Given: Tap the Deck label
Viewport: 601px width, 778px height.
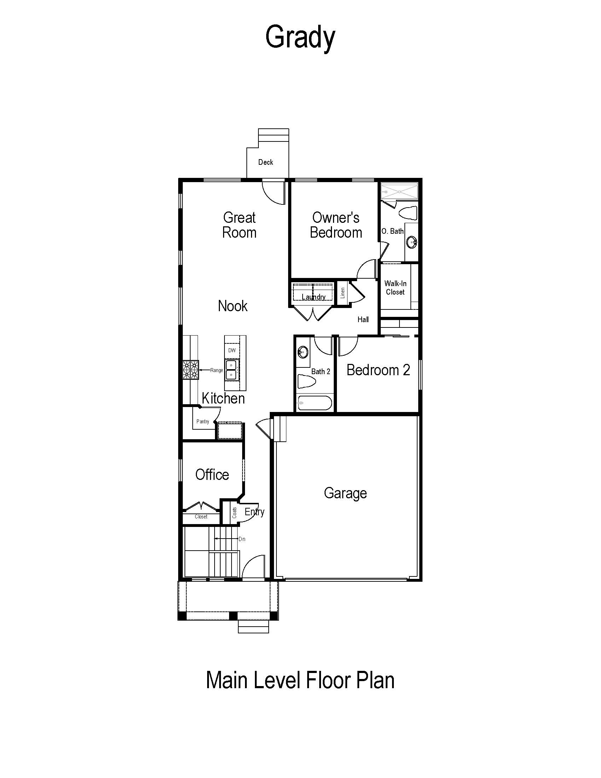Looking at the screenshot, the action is [266, 162].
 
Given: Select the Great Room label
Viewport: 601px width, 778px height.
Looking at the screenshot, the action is [239, 225].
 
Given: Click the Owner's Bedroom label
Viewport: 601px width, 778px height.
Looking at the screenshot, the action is [336, 225].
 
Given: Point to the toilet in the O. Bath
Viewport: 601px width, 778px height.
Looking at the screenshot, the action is [408, 213].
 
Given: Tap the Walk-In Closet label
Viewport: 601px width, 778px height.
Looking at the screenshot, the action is [395, 288].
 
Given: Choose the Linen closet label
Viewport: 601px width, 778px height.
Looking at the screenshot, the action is [343, 293].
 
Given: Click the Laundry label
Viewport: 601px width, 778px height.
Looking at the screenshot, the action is [314, 297].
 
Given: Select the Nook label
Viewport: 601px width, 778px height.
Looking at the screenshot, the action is [233, 306].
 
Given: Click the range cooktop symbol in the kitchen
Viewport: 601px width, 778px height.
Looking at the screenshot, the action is [191, 370].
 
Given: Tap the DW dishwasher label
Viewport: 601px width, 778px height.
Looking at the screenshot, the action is [232, 350].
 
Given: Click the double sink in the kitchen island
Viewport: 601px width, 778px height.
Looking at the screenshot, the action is [232, 370].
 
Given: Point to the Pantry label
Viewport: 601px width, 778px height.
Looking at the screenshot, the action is [203, 422].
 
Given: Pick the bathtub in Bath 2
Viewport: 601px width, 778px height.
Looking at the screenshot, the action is [315, 403].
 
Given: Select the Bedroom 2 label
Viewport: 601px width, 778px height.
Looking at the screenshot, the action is [378, 370].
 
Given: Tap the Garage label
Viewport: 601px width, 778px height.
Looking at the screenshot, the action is [345, 493].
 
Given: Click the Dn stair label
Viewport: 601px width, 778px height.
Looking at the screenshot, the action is [242, 539].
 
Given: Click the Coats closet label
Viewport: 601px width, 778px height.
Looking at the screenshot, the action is [234, 513].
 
